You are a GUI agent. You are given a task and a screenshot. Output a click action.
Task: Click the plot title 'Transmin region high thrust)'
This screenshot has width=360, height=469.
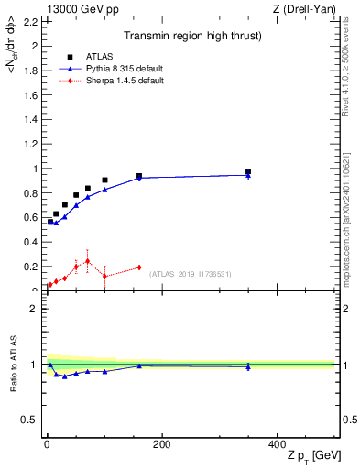(193, 37)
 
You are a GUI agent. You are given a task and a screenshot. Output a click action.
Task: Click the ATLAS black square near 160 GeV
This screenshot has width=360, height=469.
(139, 176)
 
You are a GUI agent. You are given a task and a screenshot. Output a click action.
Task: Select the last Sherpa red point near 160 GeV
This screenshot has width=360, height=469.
(139, 267)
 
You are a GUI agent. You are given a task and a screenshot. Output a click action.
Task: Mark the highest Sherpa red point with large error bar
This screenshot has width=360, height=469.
(88, 261)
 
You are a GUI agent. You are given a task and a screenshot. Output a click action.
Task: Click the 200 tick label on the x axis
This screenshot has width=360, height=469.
(161, 444)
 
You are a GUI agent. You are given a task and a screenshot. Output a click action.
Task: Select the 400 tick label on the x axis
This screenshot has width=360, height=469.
(276, 444)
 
